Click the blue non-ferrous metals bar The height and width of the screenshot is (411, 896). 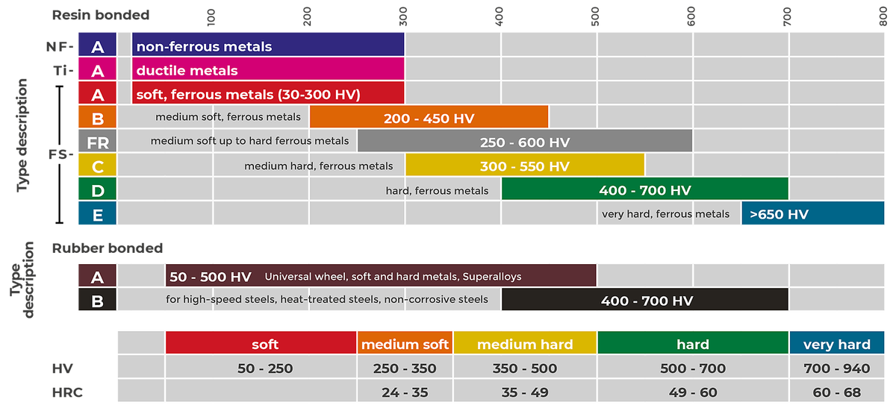(x=268, y=46)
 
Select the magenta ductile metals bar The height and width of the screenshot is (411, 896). (x=268, y=70)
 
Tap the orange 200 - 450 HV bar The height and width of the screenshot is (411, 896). (x=429, y=118)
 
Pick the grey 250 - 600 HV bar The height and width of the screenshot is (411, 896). (x=525, y=142)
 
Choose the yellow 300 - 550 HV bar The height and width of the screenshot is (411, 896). (x=525, y=166)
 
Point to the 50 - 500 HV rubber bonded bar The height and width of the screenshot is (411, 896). (x=381, y=276)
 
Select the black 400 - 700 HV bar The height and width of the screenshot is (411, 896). (x=645, y=301)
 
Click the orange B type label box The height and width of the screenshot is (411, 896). (x=97, y=118)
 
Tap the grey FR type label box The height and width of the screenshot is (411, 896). (x=97, y=142)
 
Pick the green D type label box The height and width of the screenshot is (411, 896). (x=97, y=190)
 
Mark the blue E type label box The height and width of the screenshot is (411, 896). (x=97, y=214)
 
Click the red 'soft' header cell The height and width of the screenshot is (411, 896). (x=261, y=344)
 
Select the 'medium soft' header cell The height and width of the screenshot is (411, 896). (x=405, y=344)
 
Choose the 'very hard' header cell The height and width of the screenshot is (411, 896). (x=837, y=344)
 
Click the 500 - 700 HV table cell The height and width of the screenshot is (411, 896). (x=694, y=368)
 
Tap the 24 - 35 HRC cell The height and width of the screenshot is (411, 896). (x=405, y=392)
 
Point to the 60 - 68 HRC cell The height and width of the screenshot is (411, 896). (x=837, y=392)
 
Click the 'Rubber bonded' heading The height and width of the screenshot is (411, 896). (x=108, y=248)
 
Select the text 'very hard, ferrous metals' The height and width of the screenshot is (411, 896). (x=665, y=214)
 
